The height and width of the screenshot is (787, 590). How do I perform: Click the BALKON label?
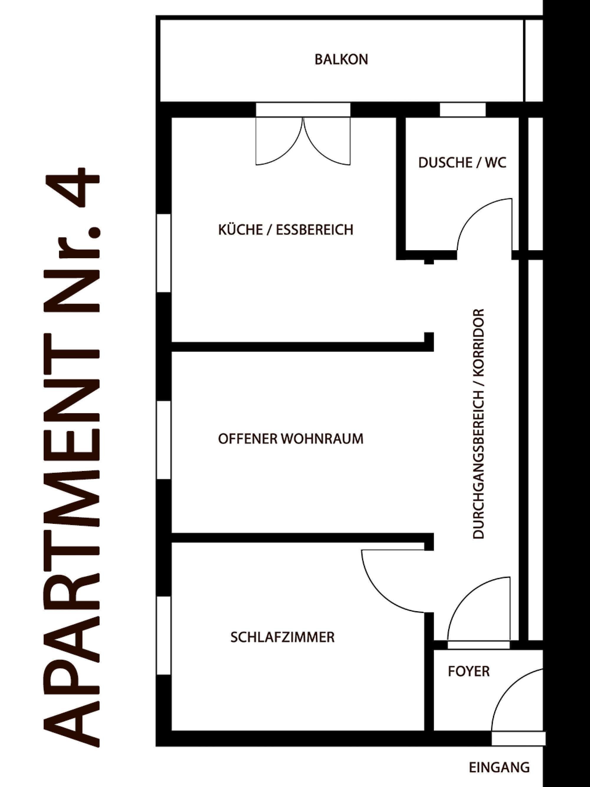pos(341,59)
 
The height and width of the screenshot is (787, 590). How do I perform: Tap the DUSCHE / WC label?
pos(462,163)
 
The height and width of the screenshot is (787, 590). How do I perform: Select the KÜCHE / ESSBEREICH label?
pos(286,230)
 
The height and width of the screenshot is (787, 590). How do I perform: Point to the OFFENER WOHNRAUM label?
pos(291,439)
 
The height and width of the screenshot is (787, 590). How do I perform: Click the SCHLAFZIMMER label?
pos(282,637)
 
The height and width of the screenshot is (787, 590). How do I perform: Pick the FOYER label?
pos(469,671)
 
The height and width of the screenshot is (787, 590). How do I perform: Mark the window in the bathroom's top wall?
pos(462,109)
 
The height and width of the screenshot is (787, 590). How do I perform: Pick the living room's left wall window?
pos(164,440)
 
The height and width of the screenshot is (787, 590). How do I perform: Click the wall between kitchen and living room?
pos(299,347)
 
